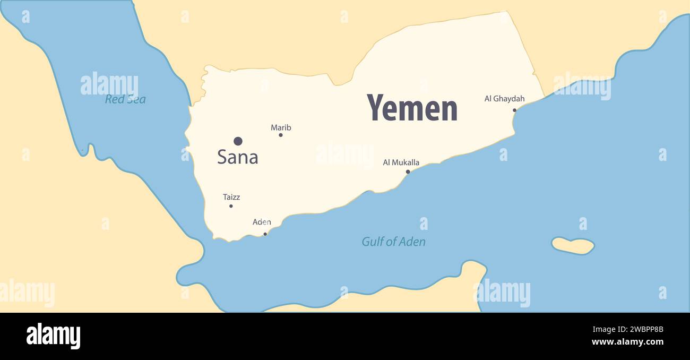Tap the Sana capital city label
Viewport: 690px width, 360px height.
click(x=237, y=157)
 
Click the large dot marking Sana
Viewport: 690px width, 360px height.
click(x=238, y=141)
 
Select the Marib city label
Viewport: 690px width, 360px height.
click(x=281, y=127)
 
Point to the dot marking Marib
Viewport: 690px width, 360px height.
click(x=281, y=135)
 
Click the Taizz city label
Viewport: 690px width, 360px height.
click(x=231, y=197)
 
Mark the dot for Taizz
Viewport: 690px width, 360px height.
click(x=231, y=206)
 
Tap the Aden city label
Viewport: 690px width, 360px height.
click(x=262, y=222)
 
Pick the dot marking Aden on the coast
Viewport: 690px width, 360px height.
click(x=265, y=234)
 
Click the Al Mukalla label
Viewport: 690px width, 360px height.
click(x=401, y=162)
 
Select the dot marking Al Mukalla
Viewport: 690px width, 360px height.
click(x=408, y=172)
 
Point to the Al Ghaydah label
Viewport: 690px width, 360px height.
click(x=504, y=98)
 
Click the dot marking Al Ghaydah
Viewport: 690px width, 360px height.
click(x=514, y=110)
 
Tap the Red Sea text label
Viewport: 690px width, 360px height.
click(x=125, y=99)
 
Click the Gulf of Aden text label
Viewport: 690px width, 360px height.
click(x=393, y=242)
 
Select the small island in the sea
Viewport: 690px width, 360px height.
click(x=573, y=245)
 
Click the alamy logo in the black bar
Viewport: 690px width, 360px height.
click(x=53, y=336)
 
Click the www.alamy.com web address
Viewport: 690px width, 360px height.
click(x=627, y=342)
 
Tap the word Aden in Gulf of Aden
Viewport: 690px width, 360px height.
click(x=413, y=242)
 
